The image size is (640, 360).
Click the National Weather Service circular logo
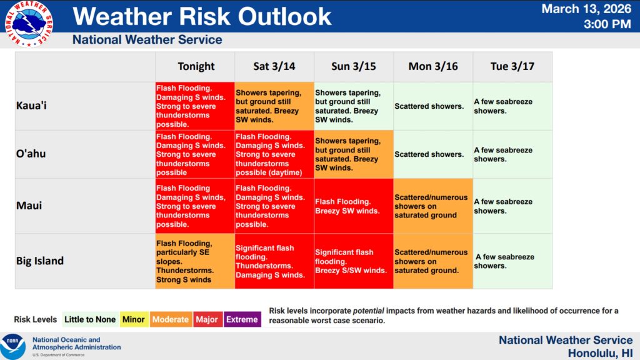(29, 24)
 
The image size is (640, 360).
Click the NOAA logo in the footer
(12, 346)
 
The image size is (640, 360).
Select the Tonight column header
(196, 66)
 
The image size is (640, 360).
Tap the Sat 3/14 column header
(274, 66)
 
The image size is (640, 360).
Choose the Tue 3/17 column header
(512, 66)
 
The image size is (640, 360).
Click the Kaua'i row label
(31, 106)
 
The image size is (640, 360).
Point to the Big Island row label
(40, 261)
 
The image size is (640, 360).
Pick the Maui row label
(29, 205)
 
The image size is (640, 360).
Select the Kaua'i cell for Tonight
(195, 106)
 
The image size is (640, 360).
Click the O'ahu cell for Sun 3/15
(354, 154)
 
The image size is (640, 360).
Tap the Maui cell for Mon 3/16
(433, 206)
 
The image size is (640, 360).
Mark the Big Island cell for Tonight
(195, 261)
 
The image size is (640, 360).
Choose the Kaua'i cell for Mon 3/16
(433, 106)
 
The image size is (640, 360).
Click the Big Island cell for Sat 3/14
(274, 261)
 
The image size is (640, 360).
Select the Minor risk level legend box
(134, 319)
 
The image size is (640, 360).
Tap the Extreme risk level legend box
(242, 319)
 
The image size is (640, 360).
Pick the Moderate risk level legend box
(171, 319)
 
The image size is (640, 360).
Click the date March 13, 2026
(586, 9)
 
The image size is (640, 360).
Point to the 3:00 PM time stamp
(607, 24)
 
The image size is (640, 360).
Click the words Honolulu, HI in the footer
(600, 353)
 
